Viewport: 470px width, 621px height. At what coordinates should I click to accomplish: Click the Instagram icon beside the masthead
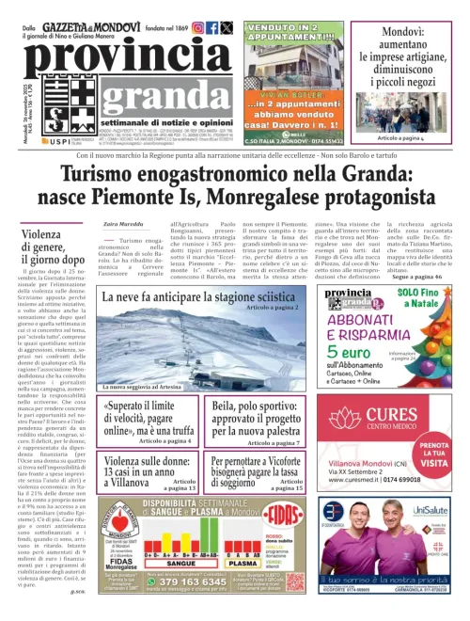point(197,28)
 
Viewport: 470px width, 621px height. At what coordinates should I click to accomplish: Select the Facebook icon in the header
point(212,28)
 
